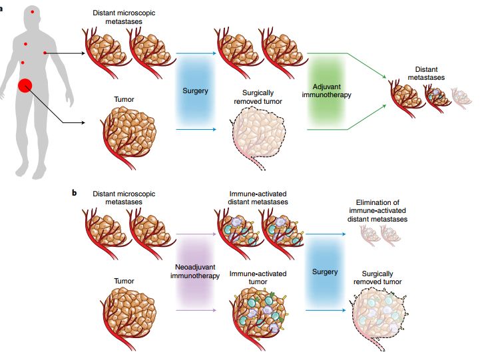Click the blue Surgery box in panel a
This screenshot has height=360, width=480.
[x=195, y=90]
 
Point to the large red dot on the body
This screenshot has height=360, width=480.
[x=25, y=85]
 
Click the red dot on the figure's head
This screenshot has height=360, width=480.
[x=32, y=12]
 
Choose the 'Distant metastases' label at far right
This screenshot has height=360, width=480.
[x=426, y=73]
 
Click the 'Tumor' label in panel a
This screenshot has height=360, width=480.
[x=124, y=100]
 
